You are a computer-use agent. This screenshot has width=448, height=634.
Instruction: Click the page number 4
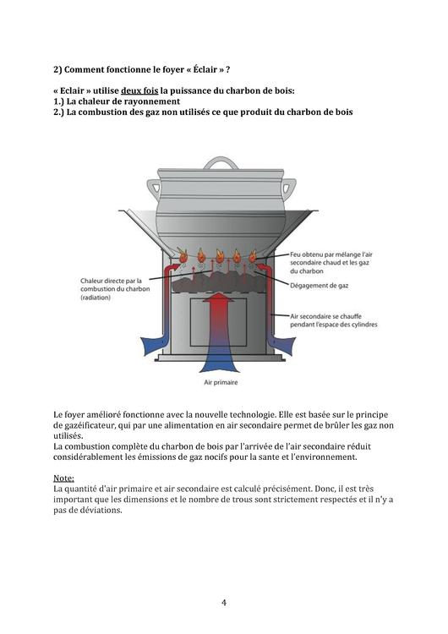click(x=224, y=603)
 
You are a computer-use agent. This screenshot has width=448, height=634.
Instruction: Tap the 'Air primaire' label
click(x=221, y=382)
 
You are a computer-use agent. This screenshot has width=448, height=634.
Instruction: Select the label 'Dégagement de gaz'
click(x=319, y=286)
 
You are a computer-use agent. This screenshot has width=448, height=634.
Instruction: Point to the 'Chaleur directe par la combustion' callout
click(x=115, y=289)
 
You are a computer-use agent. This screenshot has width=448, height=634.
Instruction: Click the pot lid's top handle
click(x=221, y=162)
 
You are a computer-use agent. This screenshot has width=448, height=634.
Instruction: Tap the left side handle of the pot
click(x=153, y=187)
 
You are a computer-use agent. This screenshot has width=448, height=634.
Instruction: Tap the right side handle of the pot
click(x=289, y=187)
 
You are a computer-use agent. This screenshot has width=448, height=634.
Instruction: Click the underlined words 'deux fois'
click(x=139, y=90)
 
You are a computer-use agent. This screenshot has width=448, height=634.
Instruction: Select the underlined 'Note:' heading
click(x=64, y=478)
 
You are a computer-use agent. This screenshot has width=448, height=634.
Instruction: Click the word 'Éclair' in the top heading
click(x=205, y=69)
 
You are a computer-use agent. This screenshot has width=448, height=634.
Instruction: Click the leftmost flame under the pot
click(x=183, y=255)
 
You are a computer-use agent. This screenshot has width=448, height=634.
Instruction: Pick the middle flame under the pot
click(x=219, y=255)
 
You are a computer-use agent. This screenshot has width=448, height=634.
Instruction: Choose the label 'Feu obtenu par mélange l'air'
click(x=331, y=254)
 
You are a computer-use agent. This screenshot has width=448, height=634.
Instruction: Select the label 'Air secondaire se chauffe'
click(x=325, y=316)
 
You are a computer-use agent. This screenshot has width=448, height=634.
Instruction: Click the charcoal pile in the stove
click(x=219, y=281)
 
